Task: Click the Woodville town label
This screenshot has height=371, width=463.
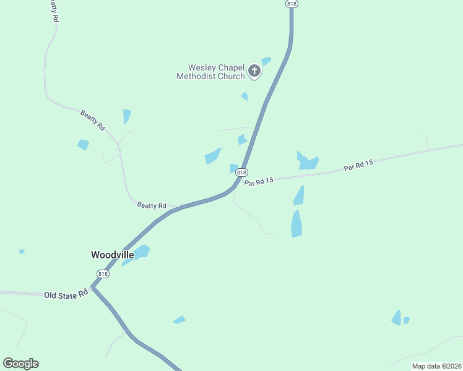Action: coord(112,254)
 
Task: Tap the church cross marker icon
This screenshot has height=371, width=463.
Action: coord(254,72)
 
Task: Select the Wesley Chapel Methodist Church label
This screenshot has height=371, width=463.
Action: coord(210,72)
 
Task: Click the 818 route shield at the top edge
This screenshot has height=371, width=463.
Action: coord(292,4)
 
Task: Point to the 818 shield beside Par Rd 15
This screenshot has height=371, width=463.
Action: coord(241,173)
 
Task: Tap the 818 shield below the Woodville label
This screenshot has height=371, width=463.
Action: coord(103,274)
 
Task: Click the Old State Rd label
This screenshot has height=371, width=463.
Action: coord(66,295)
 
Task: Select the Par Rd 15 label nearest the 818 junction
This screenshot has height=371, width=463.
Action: coord(259,181)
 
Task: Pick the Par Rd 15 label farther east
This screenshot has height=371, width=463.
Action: coord(359,166)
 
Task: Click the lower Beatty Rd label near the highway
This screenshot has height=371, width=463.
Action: coord(152,205)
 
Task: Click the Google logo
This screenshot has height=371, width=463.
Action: coord(20,364)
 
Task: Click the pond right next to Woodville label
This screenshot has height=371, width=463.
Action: coord(141,252)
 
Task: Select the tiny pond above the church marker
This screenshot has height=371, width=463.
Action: coord(266,61)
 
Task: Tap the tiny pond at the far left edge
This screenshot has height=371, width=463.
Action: coord(22,252)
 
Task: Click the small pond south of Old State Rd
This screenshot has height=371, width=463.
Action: coord(180,320)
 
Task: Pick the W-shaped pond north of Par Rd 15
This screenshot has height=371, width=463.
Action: coord(307,161)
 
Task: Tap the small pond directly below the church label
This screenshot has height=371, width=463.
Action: coord(244,96)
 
